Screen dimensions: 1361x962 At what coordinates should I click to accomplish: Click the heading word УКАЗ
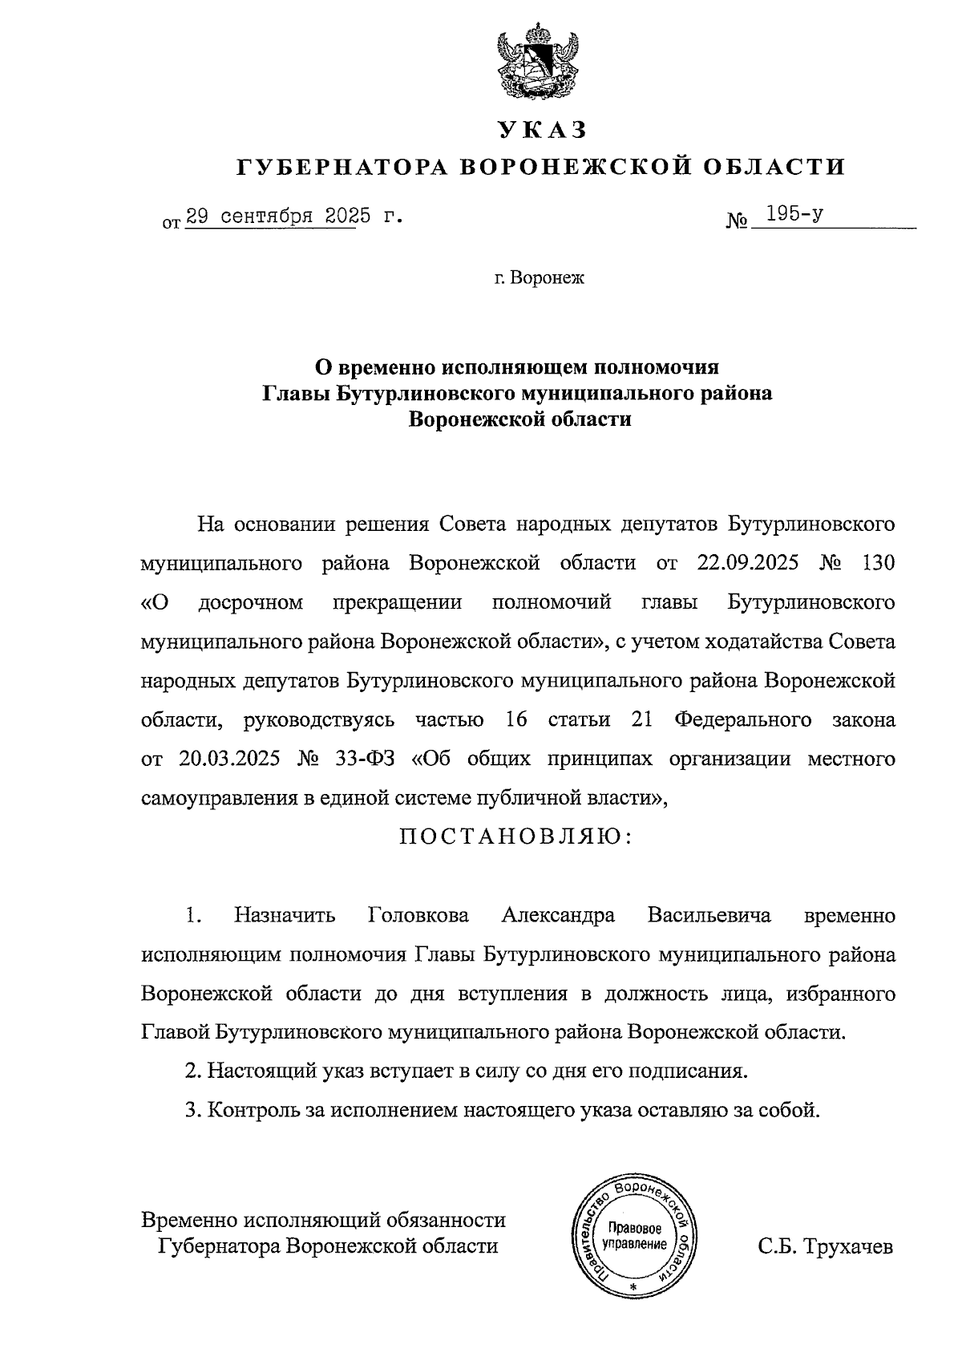coord(542,129)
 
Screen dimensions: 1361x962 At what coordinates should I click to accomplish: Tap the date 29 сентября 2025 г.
coord(292,217)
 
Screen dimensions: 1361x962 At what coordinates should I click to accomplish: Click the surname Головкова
coord(418,915)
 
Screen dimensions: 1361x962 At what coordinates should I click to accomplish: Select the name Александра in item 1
coord(558,915)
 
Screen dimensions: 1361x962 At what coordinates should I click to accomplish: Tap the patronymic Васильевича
coord(709,915)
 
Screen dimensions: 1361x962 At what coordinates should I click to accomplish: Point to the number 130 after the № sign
coord(876,563)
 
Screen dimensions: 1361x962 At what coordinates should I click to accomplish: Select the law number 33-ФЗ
coord(362,759)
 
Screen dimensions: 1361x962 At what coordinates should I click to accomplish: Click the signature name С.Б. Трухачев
coord(825,1247)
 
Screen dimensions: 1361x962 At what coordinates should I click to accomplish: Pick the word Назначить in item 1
coord(285,915)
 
